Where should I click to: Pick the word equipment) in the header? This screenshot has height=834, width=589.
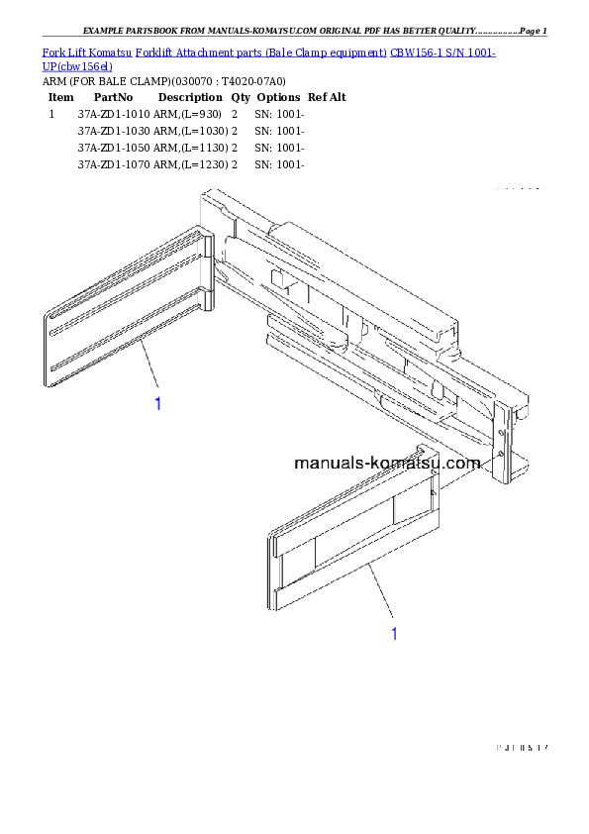tap(357, 52)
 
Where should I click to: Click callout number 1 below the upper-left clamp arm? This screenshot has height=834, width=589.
tap(157, 403)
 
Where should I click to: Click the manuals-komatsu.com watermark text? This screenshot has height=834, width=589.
tap(387, 463)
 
